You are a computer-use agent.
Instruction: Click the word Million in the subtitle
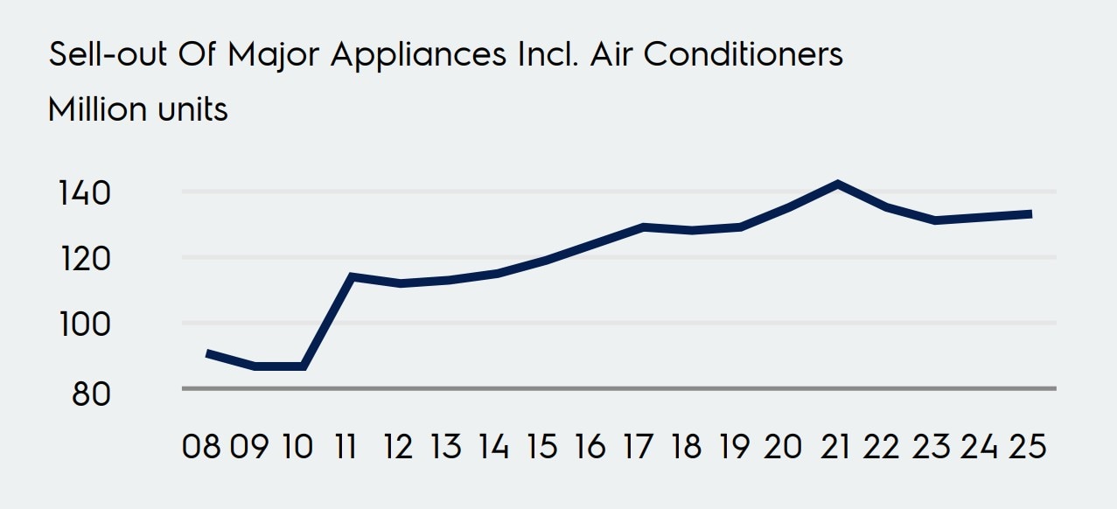96,110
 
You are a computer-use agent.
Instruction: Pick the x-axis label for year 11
346,447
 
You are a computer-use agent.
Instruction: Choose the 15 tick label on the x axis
541,447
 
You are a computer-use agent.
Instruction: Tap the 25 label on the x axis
1027,447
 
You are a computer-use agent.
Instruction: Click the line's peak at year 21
838,184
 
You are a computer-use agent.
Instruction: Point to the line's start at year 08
207,353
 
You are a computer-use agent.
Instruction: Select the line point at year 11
351,276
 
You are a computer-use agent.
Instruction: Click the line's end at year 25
1030,213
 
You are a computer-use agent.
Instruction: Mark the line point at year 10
303,366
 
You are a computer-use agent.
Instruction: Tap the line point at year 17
643,227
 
